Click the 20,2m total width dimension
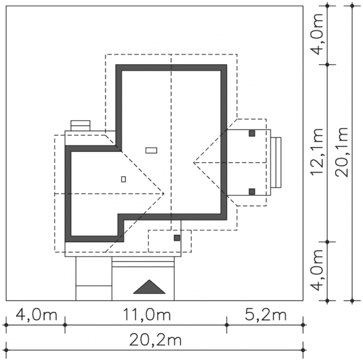tap(155, 341)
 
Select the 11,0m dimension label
tap(147, 315)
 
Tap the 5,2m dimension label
tap(266, 315)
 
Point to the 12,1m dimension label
tap(317, 152)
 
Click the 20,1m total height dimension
tap(342, 152)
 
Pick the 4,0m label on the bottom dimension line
tap(36, 315)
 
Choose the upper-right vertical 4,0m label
tap(317, 34)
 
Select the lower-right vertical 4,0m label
tap(317, 270)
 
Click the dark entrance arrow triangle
tap(149, 287)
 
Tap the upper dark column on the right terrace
tap(252, 133)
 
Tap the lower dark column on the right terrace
tap(252, 192)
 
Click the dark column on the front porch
tap(177, 238)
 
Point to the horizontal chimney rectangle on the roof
tap(151, 151)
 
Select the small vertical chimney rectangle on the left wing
tap(124, 179)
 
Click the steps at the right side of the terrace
tap(276, 163)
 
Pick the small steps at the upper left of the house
tap(80, 126)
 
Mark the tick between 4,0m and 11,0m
tap(65, 325)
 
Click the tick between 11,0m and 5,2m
tap(227, 325)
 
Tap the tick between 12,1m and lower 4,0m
tap(328, 242)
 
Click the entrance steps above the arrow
tap(143, 262)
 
